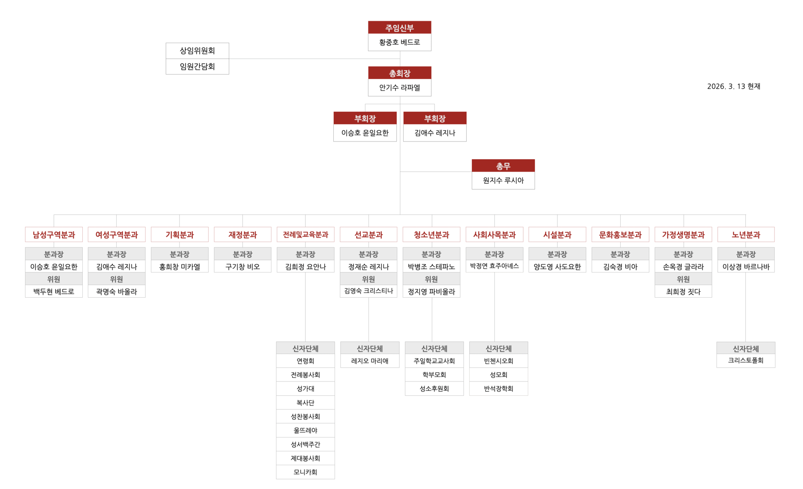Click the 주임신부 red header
point(399,28)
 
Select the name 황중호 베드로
point(399,42)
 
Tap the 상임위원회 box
point(197,51)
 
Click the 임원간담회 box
point(197,67)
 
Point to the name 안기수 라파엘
point(399,88)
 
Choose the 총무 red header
point(503,166)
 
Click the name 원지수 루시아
point(503,180)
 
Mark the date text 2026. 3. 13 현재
point(734,86)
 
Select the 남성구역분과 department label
point(54,234)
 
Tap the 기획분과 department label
point(179,234)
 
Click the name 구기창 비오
point(243,267)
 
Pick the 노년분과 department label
point(746,234)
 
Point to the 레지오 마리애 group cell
point(370,361)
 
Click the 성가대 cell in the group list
point(305,389)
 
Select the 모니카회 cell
point(305,472)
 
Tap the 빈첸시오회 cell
point(499,361)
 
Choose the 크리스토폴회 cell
point(746,360)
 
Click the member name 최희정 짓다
point(683,292)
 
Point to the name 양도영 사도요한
point(557,267)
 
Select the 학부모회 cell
point(434,375)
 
